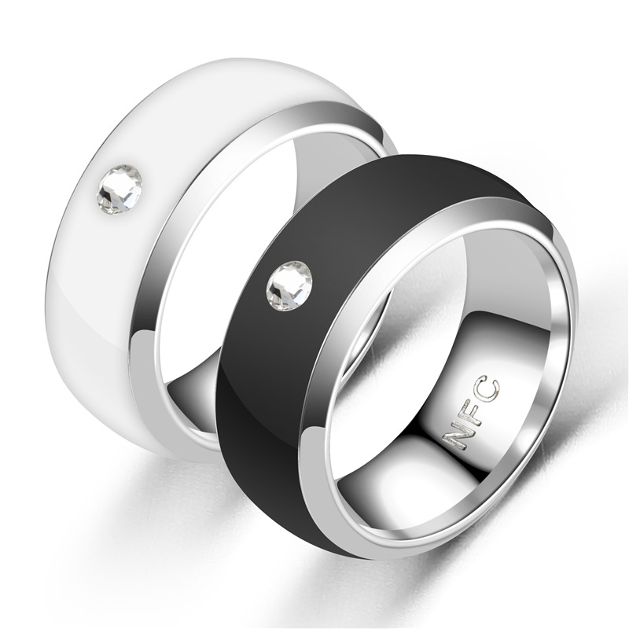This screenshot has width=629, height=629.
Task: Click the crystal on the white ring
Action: click(x=120, y=189)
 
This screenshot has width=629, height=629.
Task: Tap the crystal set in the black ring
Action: click(x=289, y=285)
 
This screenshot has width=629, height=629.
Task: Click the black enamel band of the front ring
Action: click(x=259, y=377)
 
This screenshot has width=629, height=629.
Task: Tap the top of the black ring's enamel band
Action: click(x=409, y=169)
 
